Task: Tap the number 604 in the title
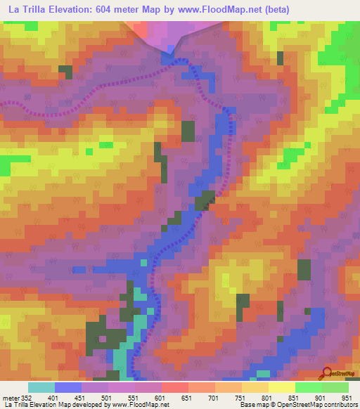(105, 10)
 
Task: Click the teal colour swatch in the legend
(41, 387)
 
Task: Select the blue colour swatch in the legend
(68, 387)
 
